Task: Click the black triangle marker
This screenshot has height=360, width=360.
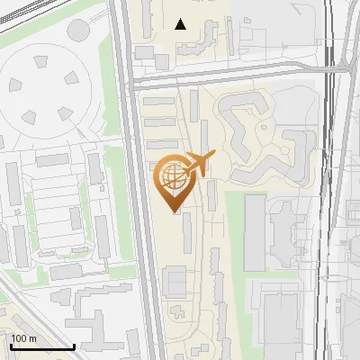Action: coord(181,24)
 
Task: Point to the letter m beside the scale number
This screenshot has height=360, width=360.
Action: coord(33,338)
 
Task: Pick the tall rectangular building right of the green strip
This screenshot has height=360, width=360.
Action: coord(255,234)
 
